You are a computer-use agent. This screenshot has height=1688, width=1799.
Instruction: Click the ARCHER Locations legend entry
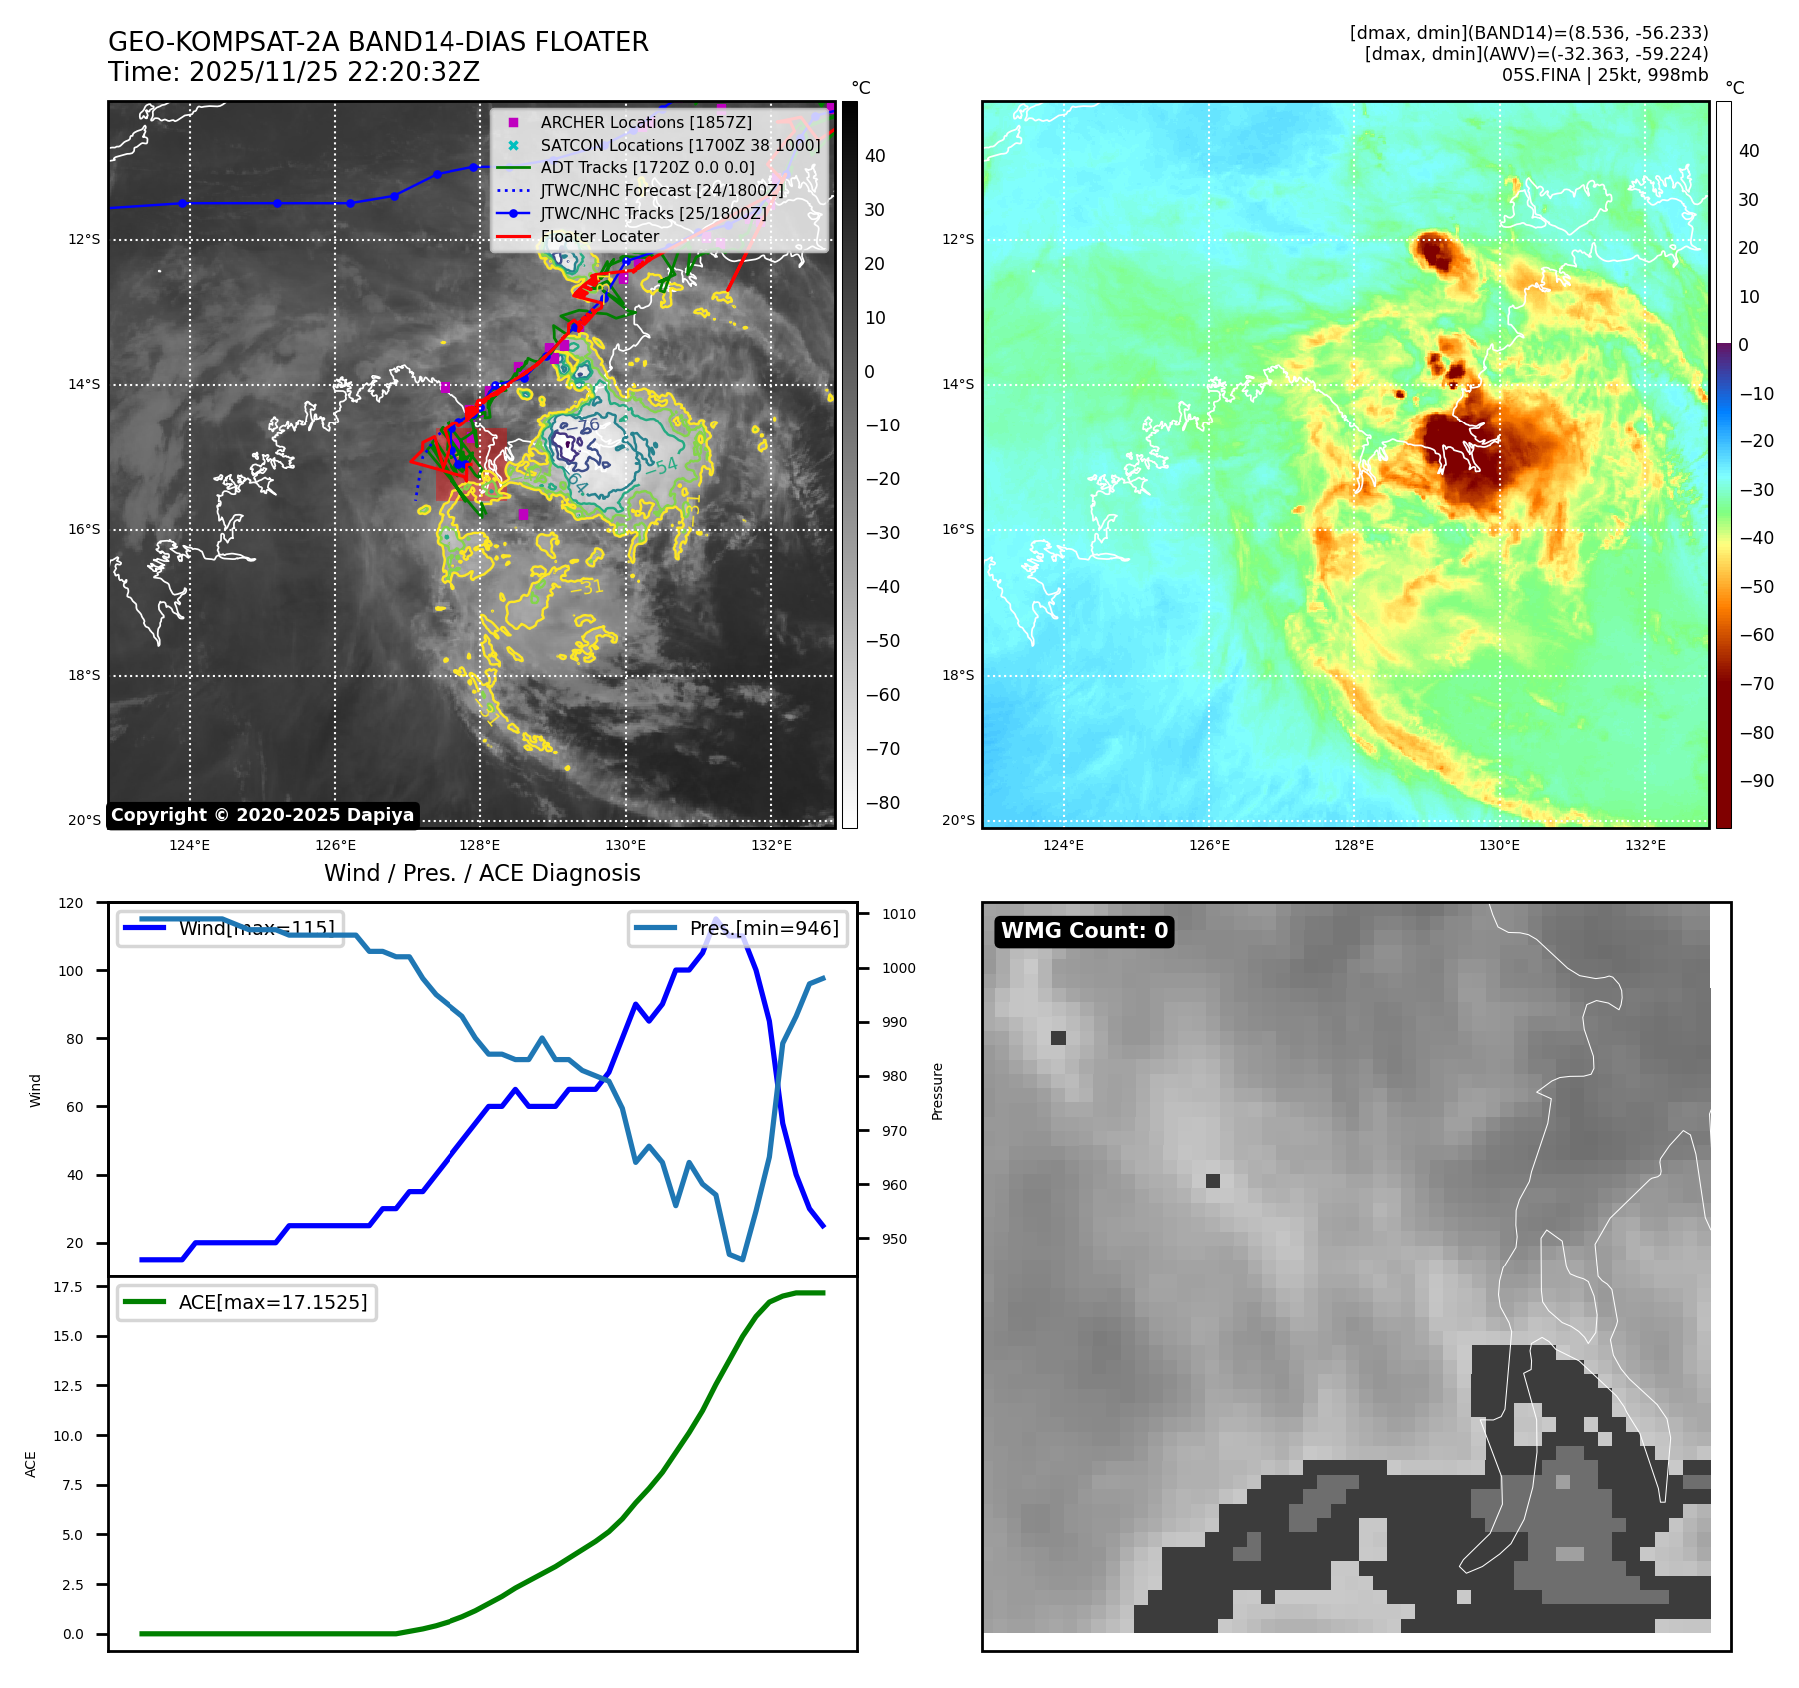646,122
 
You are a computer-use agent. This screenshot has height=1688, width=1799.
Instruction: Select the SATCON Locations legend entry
680,145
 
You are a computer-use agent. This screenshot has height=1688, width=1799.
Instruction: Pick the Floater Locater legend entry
599,237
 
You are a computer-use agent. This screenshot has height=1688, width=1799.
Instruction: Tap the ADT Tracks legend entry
647,168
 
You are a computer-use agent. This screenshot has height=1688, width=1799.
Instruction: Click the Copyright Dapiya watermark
262,815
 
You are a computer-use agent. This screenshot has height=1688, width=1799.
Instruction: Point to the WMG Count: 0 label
1084,931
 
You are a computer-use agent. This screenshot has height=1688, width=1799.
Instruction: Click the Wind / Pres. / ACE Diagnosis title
482,873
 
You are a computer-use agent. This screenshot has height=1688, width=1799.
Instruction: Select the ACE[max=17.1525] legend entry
272,1302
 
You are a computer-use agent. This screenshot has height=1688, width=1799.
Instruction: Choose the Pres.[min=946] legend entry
764,928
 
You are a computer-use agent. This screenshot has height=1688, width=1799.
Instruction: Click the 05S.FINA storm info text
1604,75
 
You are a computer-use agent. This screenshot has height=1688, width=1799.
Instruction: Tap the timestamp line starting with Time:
294,73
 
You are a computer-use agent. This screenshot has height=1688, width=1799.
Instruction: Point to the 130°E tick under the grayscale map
625,845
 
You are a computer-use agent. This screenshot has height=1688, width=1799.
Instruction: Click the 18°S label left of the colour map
958,675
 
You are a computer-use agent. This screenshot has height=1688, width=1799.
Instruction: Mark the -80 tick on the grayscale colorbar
882,803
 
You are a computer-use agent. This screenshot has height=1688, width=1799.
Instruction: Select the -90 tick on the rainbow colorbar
1756,781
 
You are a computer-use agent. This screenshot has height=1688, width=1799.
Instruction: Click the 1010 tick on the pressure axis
898,914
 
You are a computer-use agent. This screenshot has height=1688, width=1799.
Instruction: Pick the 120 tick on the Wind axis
71,903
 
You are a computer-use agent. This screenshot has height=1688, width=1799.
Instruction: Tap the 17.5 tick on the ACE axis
68,1287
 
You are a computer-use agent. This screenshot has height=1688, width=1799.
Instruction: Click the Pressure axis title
937,1091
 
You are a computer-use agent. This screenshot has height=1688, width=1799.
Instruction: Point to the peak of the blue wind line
715,919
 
